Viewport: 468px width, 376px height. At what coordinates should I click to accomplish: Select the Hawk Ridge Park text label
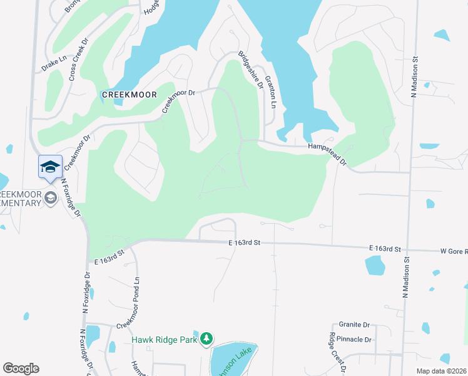point(165,340)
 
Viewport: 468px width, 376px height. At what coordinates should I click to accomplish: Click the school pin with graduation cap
point(50,167)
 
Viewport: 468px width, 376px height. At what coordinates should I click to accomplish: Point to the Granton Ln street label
point(271,92)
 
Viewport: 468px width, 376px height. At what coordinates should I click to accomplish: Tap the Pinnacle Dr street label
point(354,340)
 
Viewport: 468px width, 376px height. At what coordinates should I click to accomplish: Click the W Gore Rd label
point(454,251)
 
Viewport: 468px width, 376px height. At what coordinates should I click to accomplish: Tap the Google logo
point(21,368)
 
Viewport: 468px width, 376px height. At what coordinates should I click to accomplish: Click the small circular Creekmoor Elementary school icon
point(50,198)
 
